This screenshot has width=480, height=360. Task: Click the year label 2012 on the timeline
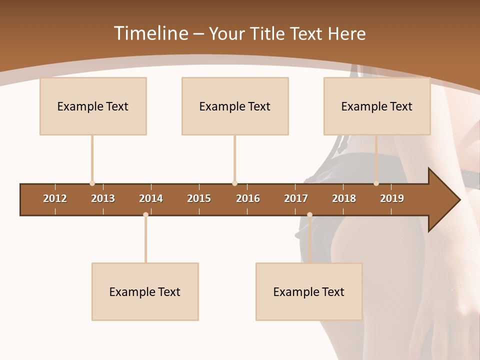pos(55,198)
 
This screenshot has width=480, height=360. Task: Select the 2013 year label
pos(103,198)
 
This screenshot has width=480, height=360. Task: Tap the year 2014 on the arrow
pos(151,198)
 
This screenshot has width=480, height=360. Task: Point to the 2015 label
pos(199,198)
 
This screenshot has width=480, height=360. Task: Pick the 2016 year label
pos(248,198)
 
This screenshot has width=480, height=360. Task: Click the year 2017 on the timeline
pos(296,198)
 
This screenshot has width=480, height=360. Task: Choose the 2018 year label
pos(344,198)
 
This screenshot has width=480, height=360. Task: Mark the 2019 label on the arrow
pos(392,198)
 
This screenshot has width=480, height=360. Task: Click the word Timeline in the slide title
pos(150,33)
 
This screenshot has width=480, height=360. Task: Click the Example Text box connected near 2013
pos(93,106)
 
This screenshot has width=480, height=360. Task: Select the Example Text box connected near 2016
pos(235,106)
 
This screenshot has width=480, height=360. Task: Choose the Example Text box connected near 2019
pos(377,106)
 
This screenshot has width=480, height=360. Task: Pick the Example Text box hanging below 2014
pos(145,291)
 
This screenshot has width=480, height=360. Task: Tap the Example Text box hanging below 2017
pos(309,291)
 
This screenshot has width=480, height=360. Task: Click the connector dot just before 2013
pos(92,183)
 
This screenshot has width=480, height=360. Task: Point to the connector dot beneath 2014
pos(145,215)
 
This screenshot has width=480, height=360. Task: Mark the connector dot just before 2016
pos(234,183)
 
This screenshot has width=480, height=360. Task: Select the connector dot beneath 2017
pos(309,215)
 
